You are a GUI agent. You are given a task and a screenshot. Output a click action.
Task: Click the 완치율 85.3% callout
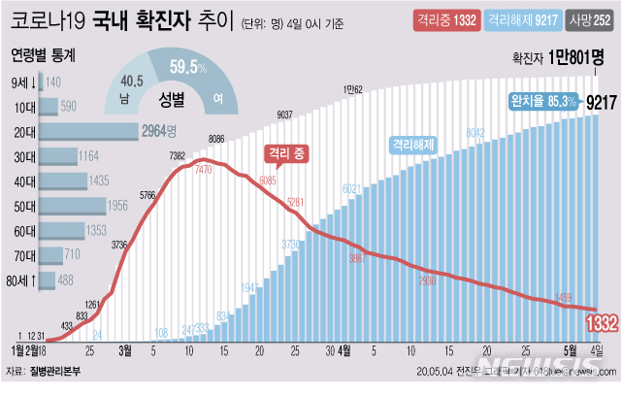pos(543,99)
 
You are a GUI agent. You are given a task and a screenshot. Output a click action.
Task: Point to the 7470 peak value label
pos(203,169)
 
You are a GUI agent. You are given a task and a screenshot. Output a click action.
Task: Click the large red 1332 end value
pos(602,322)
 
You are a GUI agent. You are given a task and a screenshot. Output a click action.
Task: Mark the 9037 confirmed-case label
pos(286,115)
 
